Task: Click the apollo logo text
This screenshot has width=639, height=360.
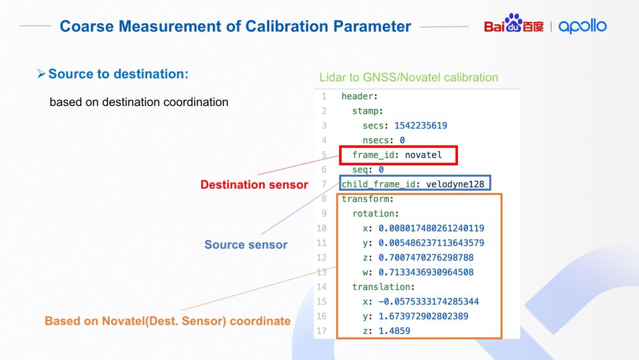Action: tap(582, 26)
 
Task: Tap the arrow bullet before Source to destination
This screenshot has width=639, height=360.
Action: tap(41, 74)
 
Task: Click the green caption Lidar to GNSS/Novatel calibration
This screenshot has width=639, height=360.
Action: tap(409, 78)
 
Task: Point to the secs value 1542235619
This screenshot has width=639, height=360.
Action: tap(421, 126)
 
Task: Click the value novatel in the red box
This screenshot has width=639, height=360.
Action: tap(424, 155)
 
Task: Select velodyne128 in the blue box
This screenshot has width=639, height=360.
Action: tap(455, 184)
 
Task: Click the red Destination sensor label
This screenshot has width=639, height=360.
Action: tap(254, 185)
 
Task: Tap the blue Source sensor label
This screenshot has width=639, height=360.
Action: tap(246, 245)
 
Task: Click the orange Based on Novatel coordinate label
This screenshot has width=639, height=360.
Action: tap(167, 321)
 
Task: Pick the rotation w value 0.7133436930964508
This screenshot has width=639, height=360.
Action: tap(426, 272)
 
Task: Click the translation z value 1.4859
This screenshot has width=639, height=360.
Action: tap(394, 331)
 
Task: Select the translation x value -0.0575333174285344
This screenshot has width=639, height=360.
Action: tap(429, 302)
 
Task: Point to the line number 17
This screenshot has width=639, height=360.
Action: tap(321, 330)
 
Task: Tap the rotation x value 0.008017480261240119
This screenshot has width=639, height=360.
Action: tap(431, 229)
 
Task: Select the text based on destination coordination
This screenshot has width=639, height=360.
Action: tap(139, 102)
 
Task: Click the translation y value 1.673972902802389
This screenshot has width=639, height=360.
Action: tap(424, 316)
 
